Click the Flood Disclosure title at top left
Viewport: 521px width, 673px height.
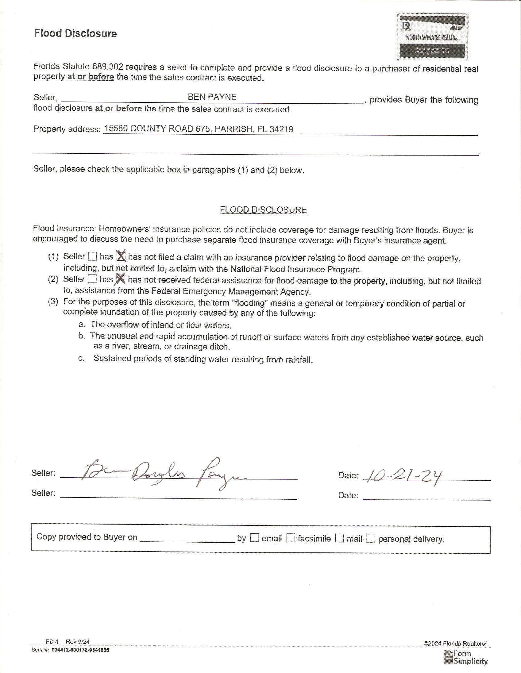pos(75,33)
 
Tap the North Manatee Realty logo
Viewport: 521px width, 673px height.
pos(432,37)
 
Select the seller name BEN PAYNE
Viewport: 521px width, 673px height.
pos(212,97)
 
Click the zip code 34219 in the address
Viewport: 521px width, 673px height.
pos(281,129)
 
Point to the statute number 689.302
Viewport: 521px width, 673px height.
pos(108,67)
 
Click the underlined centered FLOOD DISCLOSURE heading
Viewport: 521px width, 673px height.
pos(263,210)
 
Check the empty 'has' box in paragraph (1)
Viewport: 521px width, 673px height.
pos(92,256)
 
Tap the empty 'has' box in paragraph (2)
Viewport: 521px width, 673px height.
pos(92,279)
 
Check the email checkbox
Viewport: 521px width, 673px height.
pos(254,538)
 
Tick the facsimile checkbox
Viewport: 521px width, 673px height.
pos(291,538)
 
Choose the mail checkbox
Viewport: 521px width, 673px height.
pos(339,538)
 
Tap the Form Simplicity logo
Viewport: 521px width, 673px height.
pos(466,658)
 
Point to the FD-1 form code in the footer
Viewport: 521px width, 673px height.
pos(52,642)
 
